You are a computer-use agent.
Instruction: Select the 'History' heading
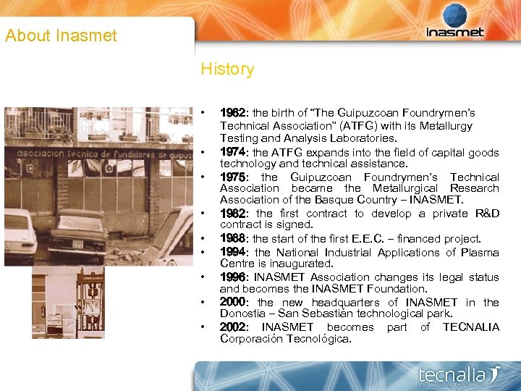pos(227,70)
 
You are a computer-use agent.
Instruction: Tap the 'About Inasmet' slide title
pos(61,35)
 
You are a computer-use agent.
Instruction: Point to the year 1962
pos(232,113)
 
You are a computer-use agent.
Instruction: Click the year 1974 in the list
pos(232,152)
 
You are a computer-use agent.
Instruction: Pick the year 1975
pos(232,177)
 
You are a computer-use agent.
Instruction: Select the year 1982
pos(233,214)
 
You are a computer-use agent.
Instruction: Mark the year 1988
pos(232,238)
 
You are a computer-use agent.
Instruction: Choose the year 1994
pos(233,252)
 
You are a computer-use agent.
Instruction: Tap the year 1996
pos(232,277)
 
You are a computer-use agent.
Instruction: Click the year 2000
pos(233,302)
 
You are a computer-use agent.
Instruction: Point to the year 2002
pos(233,327)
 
